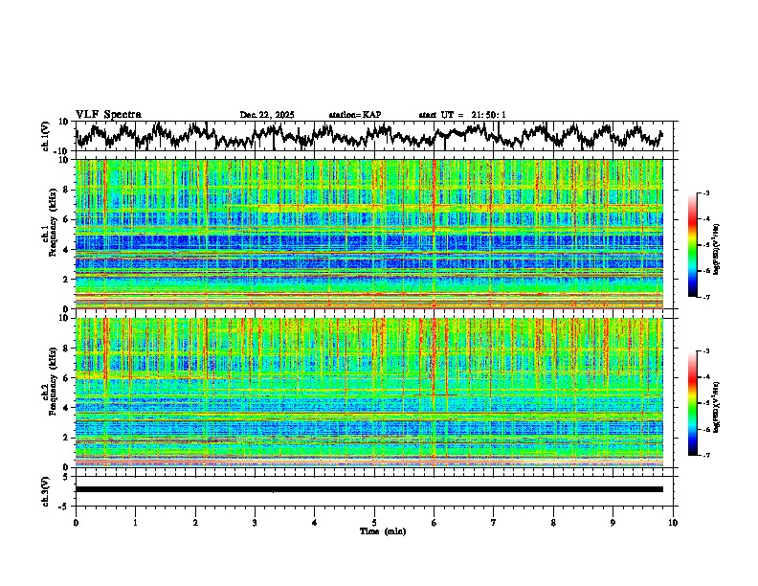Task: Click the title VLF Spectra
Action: pyautogui.click(x=108, y=114)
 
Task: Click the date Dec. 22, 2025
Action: pyautogui.click(x=266, y=115)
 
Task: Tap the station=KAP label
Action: pyautogui.click(x=354, y=115)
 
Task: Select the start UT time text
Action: pyautogui.click(x=461, y=115)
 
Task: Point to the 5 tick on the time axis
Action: pyautogui.click(x=374, y=523)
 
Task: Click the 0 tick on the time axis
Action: pyautogui.click(x=76, y=523)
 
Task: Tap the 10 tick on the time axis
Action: pyautogui.click(x=673, y=523)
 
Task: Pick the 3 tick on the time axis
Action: pyautogui.click(x=255, y=523)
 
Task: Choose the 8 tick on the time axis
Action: pyautogui.click(x=553, y=523)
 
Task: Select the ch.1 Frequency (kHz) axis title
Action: pyautogui.click(x=50, y=235)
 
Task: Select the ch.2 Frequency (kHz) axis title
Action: pyautogui.click(x=50, y=393)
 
